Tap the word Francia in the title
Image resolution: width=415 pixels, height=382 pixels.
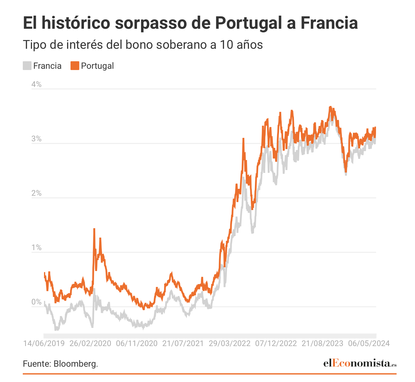click(329, 23)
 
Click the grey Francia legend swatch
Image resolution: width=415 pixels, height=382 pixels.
click(27, 66)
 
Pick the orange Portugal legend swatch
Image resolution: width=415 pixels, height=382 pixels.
click(75, 66)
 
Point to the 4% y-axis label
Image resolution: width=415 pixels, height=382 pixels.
click(36, 84)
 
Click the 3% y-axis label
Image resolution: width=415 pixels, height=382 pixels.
click(36, 139)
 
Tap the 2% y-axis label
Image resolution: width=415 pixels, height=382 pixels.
click(36, 193)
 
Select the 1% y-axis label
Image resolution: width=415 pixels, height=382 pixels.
click(36, 248)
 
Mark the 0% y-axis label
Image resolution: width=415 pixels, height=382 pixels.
click(36, 302)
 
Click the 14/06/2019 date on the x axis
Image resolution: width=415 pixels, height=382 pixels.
click(44, 343)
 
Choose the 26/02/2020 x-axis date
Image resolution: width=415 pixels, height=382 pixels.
click(90, 343)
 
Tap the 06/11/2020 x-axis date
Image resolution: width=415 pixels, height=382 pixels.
click(137, 343)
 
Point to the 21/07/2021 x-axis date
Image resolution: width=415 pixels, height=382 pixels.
click(183, 343)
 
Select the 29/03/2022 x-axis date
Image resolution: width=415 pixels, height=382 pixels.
click(229, 343)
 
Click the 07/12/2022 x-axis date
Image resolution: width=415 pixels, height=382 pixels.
click(276, 343)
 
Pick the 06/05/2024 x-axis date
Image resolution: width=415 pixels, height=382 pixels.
click(369, 343)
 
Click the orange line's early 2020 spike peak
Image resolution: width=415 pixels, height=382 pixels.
click(94, 229)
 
